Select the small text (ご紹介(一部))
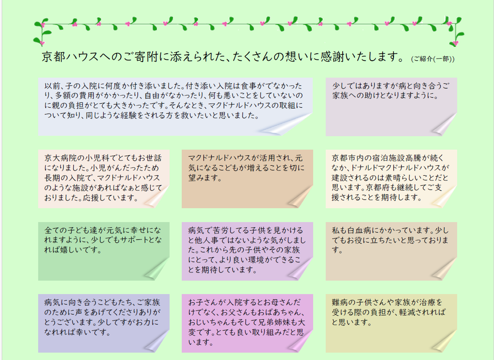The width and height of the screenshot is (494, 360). click(432, 59)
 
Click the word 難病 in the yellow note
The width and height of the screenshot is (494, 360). click(339, 302)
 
